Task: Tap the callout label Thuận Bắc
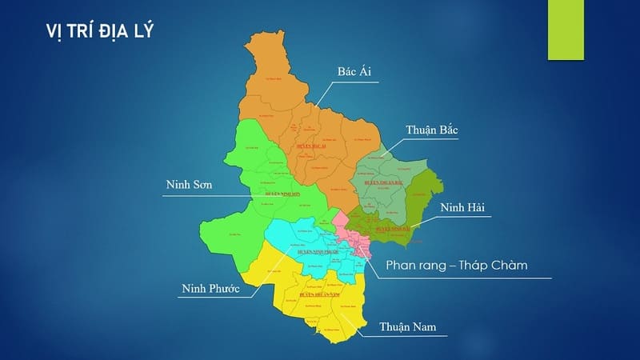tap(432, 130)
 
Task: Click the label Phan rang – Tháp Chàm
tap(456, 265)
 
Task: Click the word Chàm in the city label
tap(508, 265)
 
